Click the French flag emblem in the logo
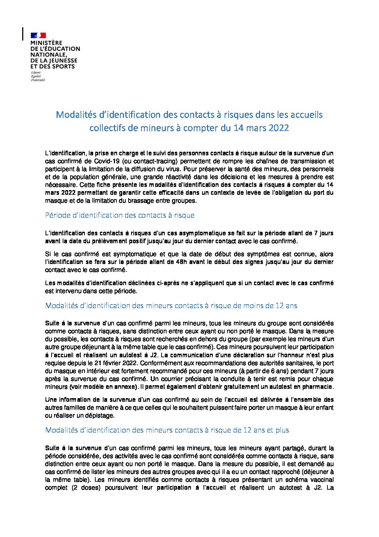coord(38,35)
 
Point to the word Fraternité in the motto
coord(38,80)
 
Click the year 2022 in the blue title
coord(276,128)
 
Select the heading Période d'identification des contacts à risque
coord(120,215)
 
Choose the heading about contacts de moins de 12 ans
coord(171,306)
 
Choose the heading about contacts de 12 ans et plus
coord(167,430)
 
